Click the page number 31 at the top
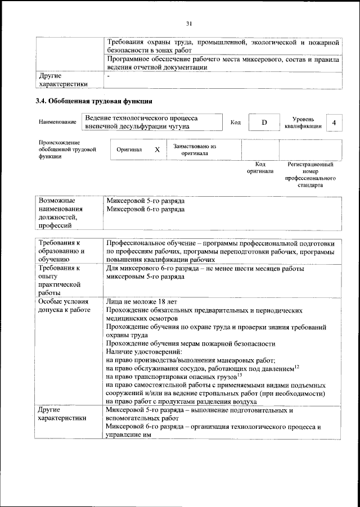click(189, 23)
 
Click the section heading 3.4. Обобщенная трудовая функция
click(93, 102)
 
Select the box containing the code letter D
click(263, 123)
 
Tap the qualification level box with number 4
click(334, 123)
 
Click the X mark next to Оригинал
click(157, 150)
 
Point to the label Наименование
click(57, 123)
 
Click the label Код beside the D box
click(235, 123)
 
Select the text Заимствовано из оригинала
click(195, 150)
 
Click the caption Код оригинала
click(260, 168)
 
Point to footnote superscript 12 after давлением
click(296, 366)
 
